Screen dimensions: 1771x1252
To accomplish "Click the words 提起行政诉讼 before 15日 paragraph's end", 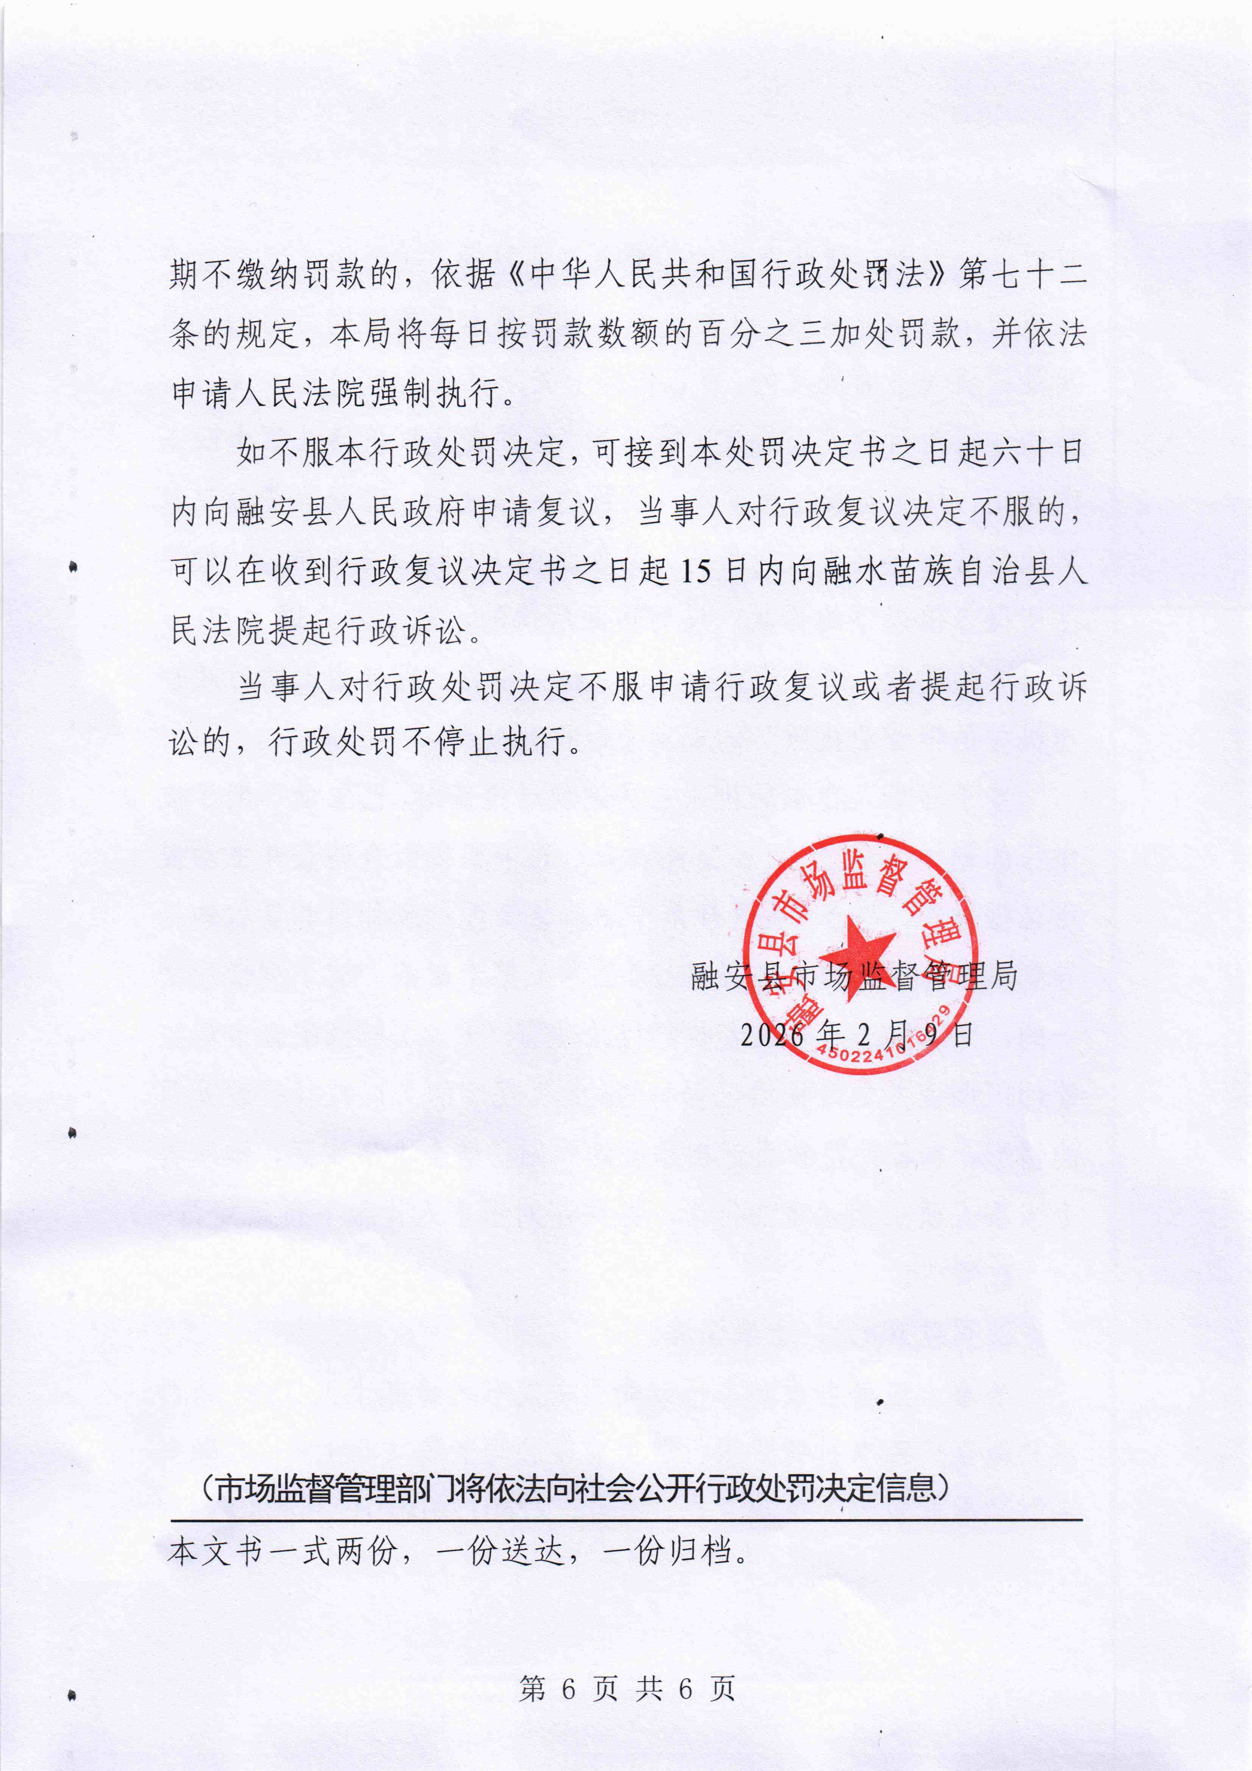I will [368, 631].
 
